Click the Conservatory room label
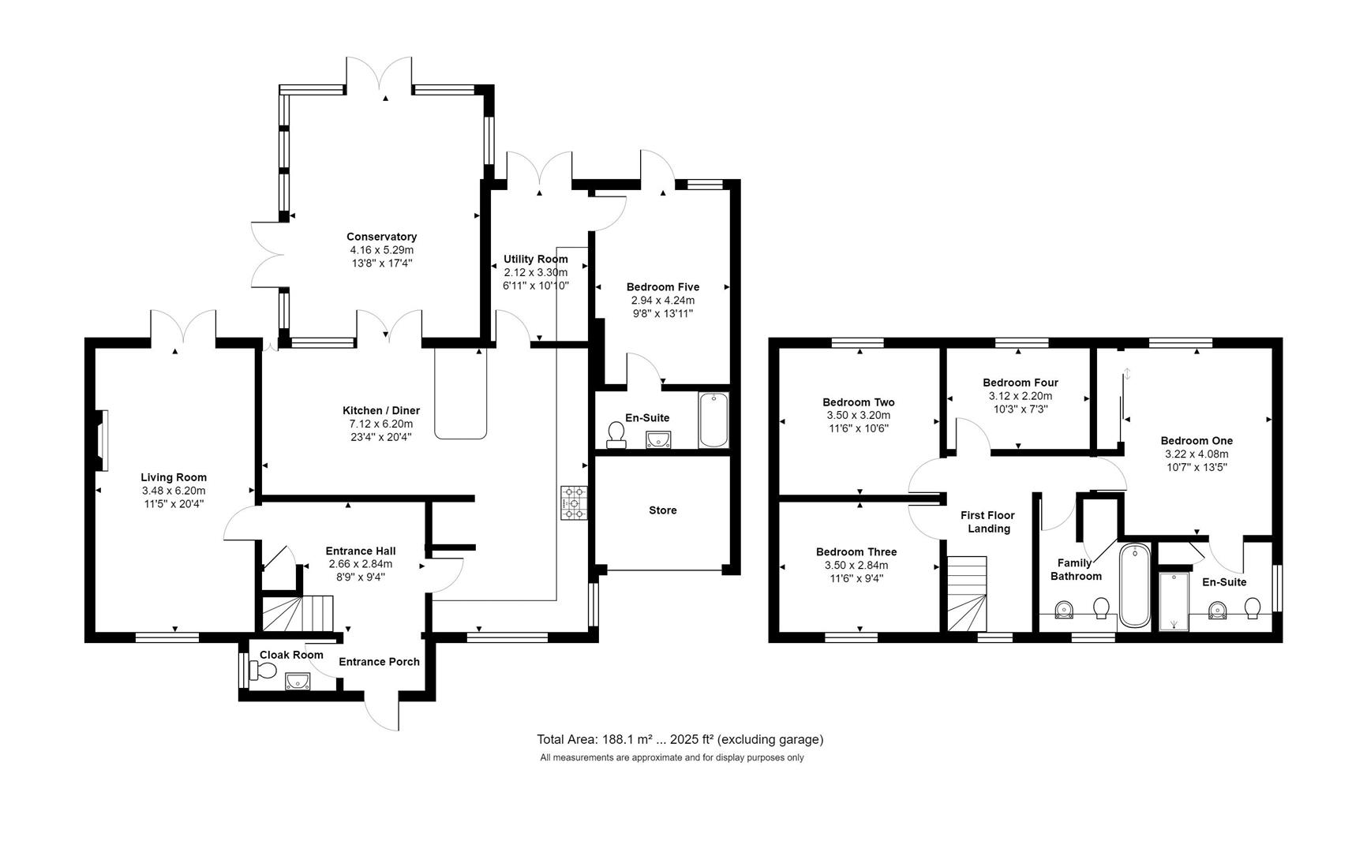(x=381, y=237)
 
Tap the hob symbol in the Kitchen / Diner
(x=575, y=503)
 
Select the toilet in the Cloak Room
(x=263, y=671)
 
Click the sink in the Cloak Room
(x=298, y=681)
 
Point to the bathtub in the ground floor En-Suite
(x=713, y=420)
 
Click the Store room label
(x=662, y=510)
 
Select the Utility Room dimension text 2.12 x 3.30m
(x=535, y=272)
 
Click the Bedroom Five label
(x=662, y=287)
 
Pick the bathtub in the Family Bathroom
(x=1134, y=585)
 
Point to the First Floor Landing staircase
(x=967, y=594)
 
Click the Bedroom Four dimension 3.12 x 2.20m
(x=1020, y=396)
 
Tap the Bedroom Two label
(x=858, y=402)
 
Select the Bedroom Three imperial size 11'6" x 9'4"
(x=856, y=578)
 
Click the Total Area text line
(x=680, y=739)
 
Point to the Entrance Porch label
(x=379, y=662)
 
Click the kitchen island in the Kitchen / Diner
(x=461, y=392)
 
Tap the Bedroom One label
(x=1196, y=441)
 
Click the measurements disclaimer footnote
(x=672, y=757)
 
